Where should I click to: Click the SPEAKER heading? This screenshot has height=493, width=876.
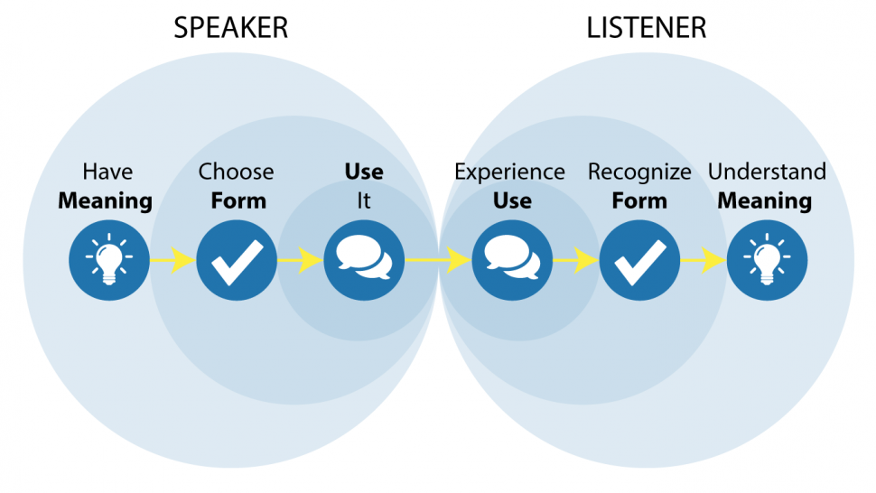(231, 27)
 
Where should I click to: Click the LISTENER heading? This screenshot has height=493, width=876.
(647, 27)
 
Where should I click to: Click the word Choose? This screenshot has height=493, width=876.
(237, 172)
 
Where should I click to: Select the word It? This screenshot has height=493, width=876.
(364, 200)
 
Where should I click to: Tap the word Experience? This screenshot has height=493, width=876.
(510, 172)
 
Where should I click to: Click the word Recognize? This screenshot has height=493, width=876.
(639, 172)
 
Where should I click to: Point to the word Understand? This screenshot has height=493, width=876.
(767, 172)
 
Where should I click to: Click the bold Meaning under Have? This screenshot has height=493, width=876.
(105, 200)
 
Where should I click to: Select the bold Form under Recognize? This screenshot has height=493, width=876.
(639, 200)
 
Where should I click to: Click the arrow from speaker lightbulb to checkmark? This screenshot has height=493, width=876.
(172, 261)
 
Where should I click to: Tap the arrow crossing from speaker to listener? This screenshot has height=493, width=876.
(438, 261)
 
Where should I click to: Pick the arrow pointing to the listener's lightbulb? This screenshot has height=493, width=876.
(704, 261)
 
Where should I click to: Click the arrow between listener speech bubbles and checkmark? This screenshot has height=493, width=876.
(575, 261)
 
